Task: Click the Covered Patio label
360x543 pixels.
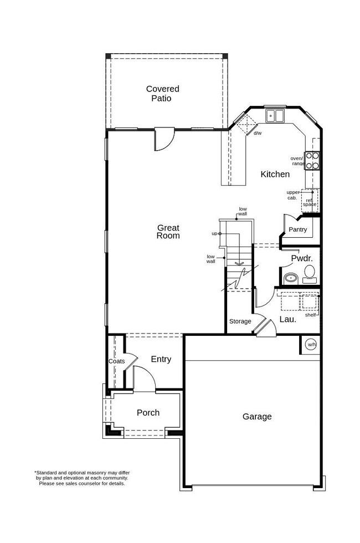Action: click(x=162, y=94)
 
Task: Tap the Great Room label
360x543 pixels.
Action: click(x=168, y=232)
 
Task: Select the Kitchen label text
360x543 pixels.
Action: click(x=275, y=174)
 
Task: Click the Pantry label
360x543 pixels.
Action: click(x=297, y=229)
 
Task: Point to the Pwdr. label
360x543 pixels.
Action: click(x=302, y=258)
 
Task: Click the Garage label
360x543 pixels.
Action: click(x=257, y=417)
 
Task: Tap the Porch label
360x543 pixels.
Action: click(x=148, y=413)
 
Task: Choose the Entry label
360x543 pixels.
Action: click(x=161, y=359)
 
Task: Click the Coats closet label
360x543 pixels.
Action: click(x=116, y=361)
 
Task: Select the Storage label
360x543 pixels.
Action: click(x=240, y=321)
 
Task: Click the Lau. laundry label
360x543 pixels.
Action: click(x=287, y=319)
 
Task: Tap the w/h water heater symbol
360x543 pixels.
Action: click(x=311, y=344)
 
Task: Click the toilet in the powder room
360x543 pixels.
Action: click(x=309, y=273)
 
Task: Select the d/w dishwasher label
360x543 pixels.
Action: click(x=257, y=134)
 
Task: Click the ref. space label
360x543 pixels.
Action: click(x=310, y=202)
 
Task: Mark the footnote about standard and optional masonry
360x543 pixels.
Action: click(x=82, y=478)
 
